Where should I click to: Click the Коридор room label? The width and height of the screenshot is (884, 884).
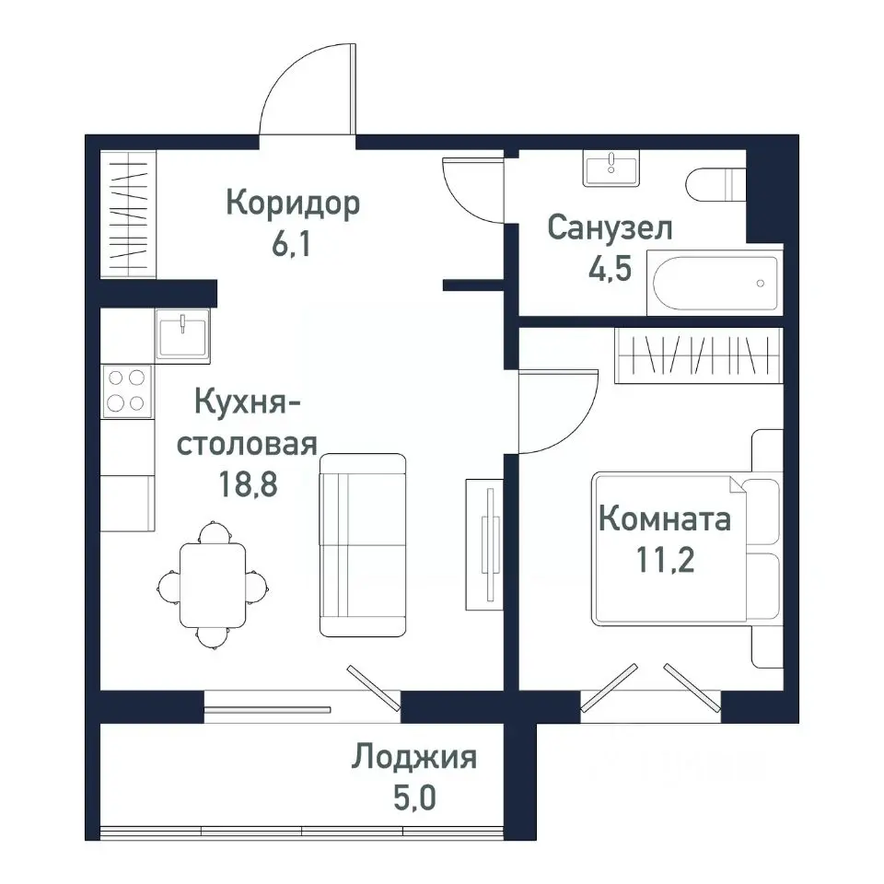click(x=293, y=203)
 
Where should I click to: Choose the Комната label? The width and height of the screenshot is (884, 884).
click(x=665, y=518)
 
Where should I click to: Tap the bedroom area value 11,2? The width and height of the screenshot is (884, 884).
click(x=665, y=561)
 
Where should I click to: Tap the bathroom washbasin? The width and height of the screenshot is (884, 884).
click(x=611, y=170)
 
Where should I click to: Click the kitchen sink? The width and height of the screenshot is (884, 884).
click(x=182, y=332)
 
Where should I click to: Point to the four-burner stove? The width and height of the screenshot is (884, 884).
click(x=127, y=390)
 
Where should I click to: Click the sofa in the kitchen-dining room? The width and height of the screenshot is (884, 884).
click(x=363, y=544)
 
